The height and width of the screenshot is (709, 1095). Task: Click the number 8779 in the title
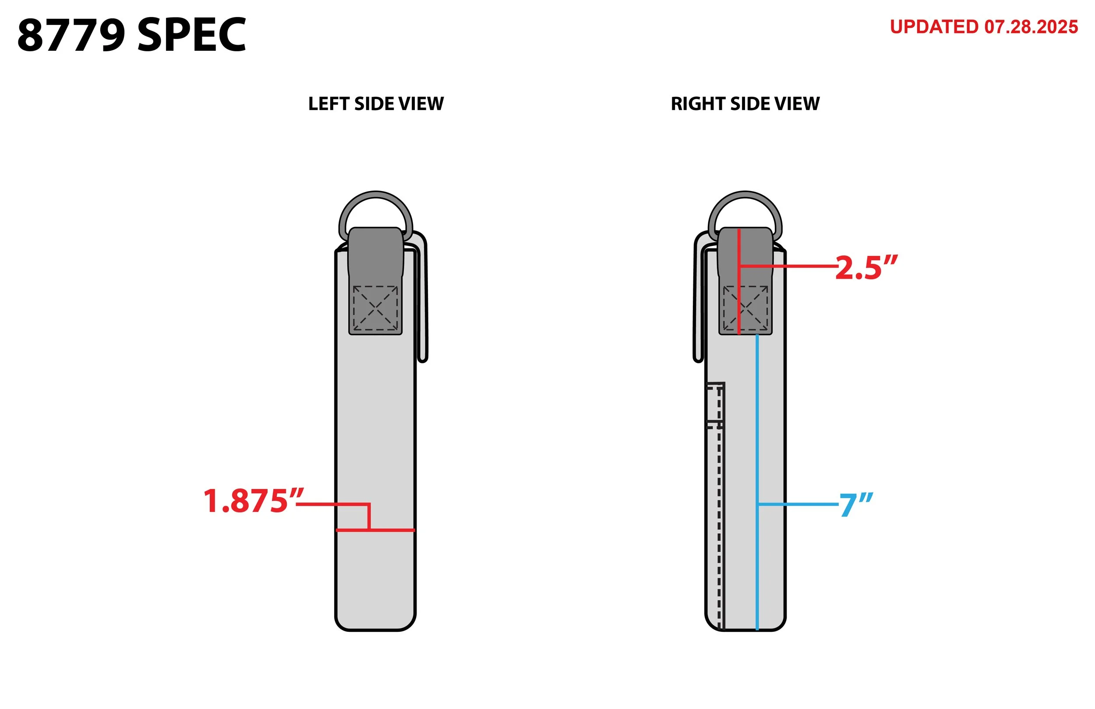tap(71, 35)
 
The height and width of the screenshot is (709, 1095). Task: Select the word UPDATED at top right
tap(934, 27)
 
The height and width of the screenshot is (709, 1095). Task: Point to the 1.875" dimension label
tap(253, 501)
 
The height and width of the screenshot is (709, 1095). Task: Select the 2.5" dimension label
tap(866, 268)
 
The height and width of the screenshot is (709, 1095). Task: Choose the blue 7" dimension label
tap(856, 505)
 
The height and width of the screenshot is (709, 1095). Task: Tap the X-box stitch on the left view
tap(375, 308)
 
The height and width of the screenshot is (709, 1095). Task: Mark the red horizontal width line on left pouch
tap(391, 530)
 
